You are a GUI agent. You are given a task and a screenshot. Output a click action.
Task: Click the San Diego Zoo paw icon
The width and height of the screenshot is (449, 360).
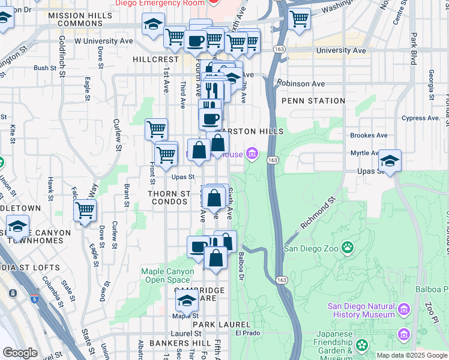pyautogui.click(x=347, y=247)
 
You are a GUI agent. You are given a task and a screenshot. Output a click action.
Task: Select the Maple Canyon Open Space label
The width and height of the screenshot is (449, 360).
pyautogui.click(x=167, y=276)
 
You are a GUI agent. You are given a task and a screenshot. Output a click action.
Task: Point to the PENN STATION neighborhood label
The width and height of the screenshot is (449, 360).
pyautogui.click(x=313, y=101)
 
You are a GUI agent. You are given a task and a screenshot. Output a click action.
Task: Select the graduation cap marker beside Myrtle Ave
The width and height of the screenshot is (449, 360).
pyautogui.click(x=390, y=160)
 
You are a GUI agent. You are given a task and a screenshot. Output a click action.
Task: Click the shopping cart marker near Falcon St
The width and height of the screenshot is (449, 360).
pyautogui.click(x=85, y=211)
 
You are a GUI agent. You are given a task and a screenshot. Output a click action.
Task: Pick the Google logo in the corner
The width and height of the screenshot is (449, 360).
pyautogui.click(x=20, y=353)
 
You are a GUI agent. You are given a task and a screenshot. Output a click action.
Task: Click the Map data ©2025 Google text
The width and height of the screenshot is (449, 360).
pyautogui.click(x=412, y=355)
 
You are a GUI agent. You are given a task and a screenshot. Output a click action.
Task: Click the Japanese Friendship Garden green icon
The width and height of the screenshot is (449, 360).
pyautogui.click(x=361, y=346)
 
